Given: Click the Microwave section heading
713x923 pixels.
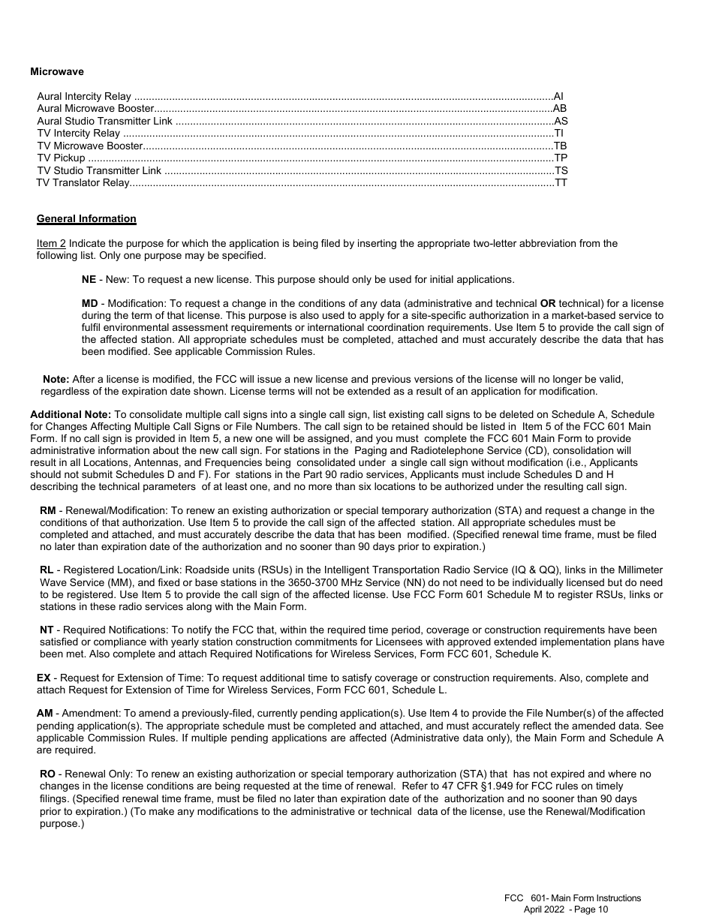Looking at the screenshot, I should pyautogui.click(x=57, y=72).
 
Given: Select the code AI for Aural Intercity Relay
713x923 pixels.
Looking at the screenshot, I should pyautogui.click(x=558, y=97).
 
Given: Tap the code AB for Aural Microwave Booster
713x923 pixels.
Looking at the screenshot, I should pyautogui.click(x=560, y=109).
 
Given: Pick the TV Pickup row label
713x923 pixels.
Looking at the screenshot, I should pyautogui.click(x=61, y=158).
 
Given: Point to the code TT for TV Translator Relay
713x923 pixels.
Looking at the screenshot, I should pyautogui.click(x=561, y=183).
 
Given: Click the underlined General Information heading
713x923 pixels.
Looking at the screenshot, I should pyautogui.click(x=86, y=219).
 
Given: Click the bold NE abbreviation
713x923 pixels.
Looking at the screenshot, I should pyautogui.click(x=89, y=279).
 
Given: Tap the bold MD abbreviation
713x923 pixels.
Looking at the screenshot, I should pyautogui.click(x=89, y=304).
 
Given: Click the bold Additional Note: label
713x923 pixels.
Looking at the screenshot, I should pyautogui.click(x=71, y=414).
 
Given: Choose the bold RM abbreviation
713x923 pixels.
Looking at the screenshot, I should pyautogui.click(x=47, y=511).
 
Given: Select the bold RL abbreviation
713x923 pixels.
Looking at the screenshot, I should pyautogui.click(x=47, y=571).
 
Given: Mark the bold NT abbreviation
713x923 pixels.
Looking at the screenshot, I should pyautogui.click(x=47, y=630).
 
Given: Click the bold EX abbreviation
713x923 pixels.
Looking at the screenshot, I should pyautogui.click(x=44, y=678).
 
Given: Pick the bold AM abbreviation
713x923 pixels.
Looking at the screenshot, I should pyautogui.click(x=44, y=714).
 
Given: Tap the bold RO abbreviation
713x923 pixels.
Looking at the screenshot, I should pyautogui.click(x=47, y=774).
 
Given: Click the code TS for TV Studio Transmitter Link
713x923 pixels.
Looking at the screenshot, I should pyautogui.click(x=561, y=171).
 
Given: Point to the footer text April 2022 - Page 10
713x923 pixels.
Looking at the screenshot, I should pyautogui.click(x=566, y=909).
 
